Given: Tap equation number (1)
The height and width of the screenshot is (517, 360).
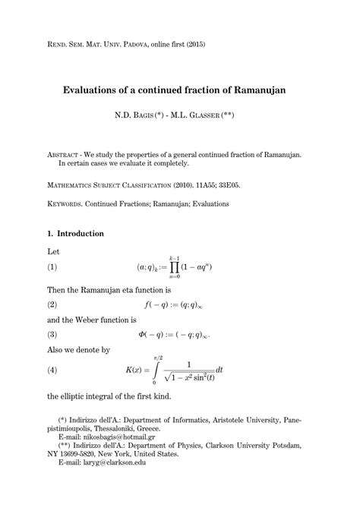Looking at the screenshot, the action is click(x=52, y=267).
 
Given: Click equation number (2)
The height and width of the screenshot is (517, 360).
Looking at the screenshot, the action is click(x=52, y=304).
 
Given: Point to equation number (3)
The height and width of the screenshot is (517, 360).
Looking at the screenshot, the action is click(x=52, y=334).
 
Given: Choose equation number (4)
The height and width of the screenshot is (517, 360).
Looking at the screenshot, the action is click(x=52, y=370).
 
